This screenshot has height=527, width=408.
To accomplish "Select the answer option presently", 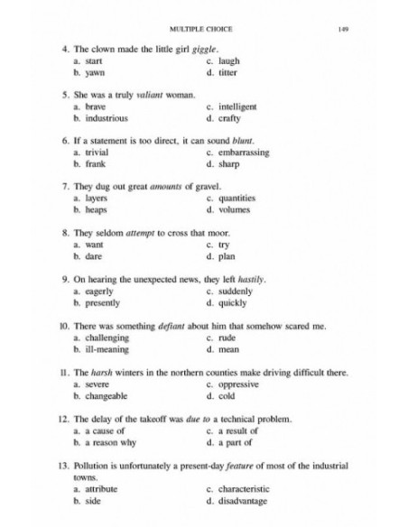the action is tap(104, 302).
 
